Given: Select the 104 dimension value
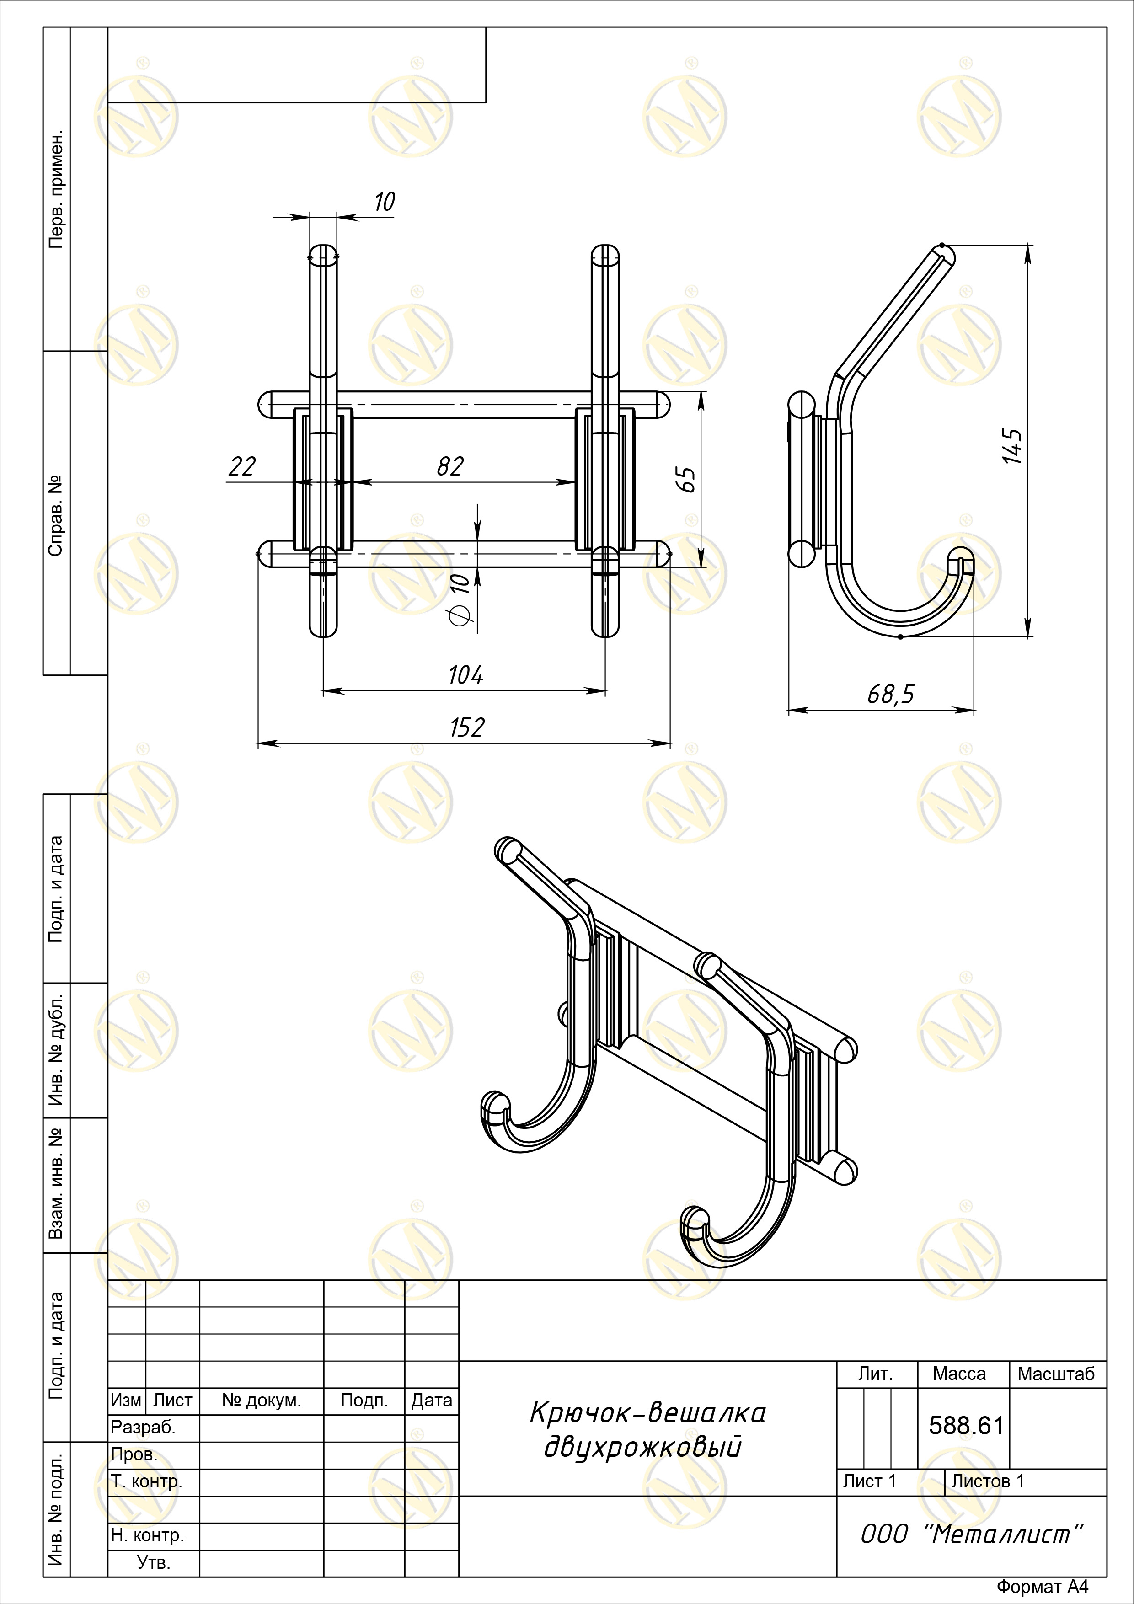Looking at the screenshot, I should tap(465, 675).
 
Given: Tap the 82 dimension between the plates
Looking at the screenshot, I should tap(450, 467).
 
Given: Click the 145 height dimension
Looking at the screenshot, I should tap(1012, 446).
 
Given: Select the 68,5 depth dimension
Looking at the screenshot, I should tap(891, 695).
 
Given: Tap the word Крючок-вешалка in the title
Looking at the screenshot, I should tap(647, 1413).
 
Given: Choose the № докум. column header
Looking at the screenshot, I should tap(261, 1401).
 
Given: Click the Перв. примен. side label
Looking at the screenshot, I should tap(56, 189).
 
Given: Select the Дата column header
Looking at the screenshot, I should tap(431, 1401).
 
